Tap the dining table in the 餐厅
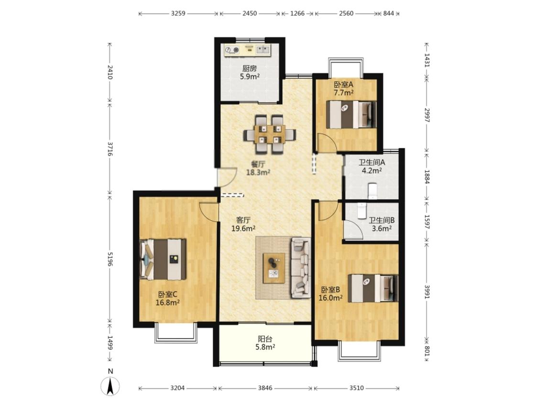click(270, 135)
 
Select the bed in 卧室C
click(163, 259)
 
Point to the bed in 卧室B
click(373, 288)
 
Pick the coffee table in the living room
click(274, 269)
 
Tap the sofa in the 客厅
click(300, 268)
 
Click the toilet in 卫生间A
click(372, 191)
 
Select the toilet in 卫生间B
click(362, 211)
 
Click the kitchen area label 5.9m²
click(250, 77)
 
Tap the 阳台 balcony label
click(265, 339)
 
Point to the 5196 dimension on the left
click(110, 259)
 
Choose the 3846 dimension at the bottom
click(265, 388)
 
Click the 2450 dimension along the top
click(250, 13)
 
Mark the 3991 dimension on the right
click(427, 292)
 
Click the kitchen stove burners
click(232, 50)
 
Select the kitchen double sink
click(263, 50)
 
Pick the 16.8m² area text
click(168, 303)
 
